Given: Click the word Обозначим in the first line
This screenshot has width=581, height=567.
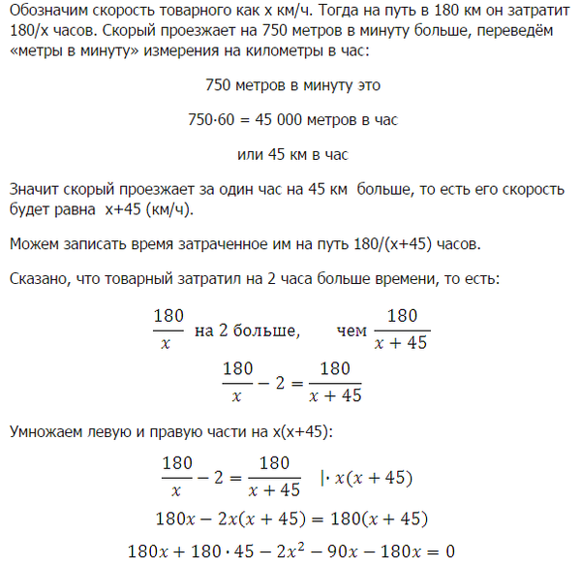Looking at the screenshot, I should pos(43,13).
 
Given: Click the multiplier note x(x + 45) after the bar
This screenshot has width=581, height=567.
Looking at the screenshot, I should pos(376,477).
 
